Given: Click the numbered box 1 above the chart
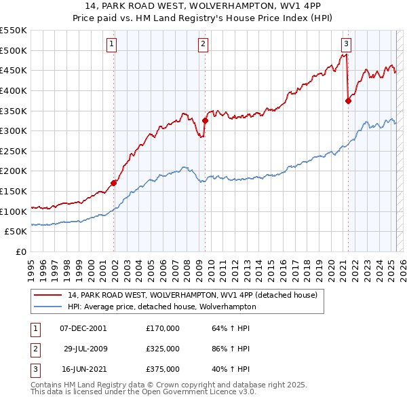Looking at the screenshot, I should (x=111, y=44).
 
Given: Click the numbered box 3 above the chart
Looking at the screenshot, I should (x=346, y=44).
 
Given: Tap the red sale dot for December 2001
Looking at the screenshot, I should (x=114, y=183).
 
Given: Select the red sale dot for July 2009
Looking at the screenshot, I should (x=205, y=120).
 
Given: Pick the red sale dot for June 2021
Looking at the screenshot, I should (x=348, y=101).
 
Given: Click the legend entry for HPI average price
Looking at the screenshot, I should (x=161, y=307).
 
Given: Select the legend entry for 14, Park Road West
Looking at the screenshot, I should (x=197, y=295).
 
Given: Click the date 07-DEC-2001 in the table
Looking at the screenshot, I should (x=83, y=328).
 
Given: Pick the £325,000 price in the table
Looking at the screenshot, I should (x=163, y=349).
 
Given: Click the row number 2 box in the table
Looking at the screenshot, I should (x=33, y=349).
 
